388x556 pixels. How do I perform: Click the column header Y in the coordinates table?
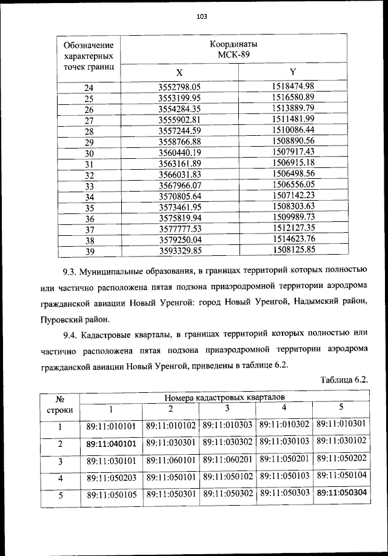[293, 72]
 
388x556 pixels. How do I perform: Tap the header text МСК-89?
[233, 55]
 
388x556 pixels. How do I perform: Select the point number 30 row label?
[89, 153]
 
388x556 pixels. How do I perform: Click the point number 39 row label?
[89, 250]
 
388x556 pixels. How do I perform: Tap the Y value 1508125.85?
[293, 249]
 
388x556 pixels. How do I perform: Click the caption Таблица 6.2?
[343, 380]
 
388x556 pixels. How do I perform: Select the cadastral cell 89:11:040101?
[111, 444]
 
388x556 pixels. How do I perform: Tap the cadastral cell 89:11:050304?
[342, 493]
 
